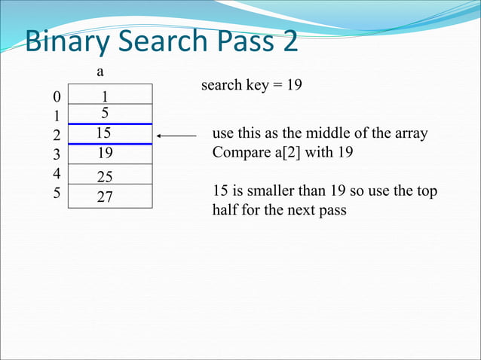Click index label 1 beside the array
[55, 117]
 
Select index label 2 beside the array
[55, 136]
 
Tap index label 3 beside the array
[55, 155]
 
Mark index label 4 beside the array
[55, 175]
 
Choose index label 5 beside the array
[55, 194]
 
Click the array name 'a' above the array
[100, 72]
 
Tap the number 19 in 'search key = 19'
[294, 86]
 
